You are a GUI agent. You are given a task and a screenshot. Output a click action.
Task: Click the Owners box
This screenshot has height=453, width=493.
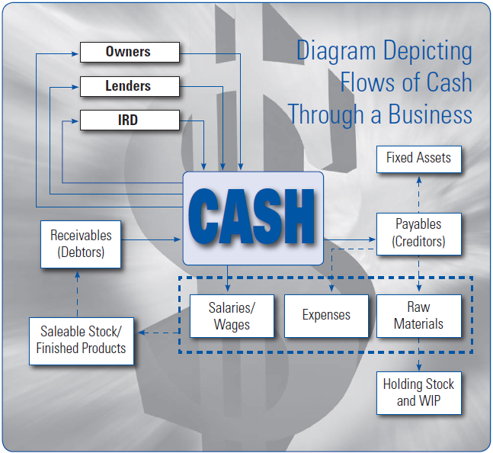[129, 53]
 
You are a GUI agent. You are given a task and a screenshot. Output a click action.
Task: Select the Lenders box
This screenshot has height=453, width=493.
[129, 87]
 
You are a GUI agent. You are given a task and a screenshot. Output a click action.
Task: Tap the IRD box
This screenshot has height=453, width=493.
[129, 120]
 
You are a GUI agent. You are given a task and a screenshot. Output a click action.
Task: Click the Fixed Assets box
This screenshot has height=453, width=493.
[418, 159]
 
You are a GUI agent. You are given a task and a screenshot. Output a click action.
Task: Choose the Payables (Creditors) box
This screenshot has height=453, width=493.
[418, 233]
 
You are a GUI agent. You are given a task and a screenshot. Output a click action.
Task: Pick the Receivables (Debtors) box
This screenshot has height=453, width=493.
[81, 244]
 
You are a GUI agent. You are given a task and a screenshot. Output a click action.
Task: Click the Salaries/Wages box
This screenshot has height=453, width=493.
[231, 316]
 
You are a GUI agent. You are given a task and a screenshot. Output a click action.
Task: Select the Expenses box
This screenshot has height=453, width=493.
[326, 315]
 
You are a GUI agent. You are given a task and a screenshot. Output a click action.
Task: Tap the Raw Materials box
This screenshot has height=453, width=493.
[418, 316]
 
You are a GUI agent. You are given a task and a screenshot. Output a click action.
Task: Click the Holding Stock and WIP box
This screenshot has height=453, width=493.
[418, 392]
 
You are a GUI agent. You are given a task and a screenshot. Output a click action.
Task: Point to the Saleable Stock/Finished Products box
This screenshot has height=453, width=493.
[82, 339]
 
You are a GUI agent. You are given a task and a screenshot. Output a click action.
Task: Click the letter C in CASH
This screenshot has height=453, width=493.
[206, 218]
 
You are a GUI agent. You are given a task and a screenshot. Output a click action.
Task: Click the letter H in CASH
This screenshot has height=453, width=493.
[298, 218]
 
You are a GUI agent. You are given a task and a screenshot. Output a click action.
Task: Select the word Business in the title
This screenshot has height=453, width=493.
[431, 114]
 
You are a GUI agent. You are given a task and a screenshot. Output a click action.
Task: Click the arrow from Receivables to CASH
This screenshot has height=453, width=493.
[152, 239]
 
